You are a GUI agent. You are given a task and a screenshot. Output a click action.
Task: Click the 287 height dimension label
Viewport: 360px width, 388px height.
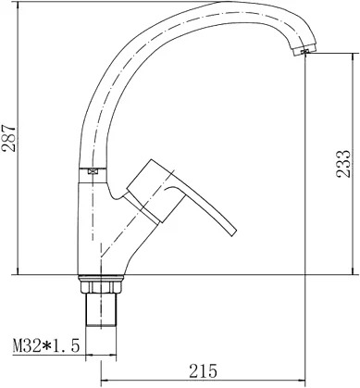click(x=8, y=138)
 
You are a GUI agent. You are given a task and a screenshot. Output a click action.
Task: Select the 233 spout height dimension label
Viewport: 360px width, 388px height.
click(x=343, y=164)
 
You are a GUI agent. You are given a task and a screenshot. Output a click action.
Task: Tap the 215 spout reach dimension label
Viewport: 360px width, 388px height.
click(x=203, y=370)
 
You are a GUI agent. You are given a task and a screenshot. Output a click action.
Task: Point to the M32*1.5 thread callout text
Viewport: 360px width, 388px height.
click(x=46, y=345)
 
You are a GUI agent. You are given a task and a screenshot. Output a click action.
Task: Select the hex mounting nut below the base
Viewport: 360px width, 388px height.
click(x=101, y=287)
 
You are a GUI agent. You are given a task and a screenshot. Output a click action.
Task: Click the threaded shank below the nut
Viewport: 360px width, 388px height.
click(x=101, y=309)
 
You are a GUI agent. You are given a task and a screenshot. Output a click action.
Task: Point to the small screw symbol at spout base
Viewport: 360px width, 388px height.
click(x=93, y=171)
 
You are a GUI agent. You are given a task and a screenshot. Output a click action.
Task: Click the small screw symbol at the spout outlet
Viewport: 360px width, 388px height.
click(x=305, y=52)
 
